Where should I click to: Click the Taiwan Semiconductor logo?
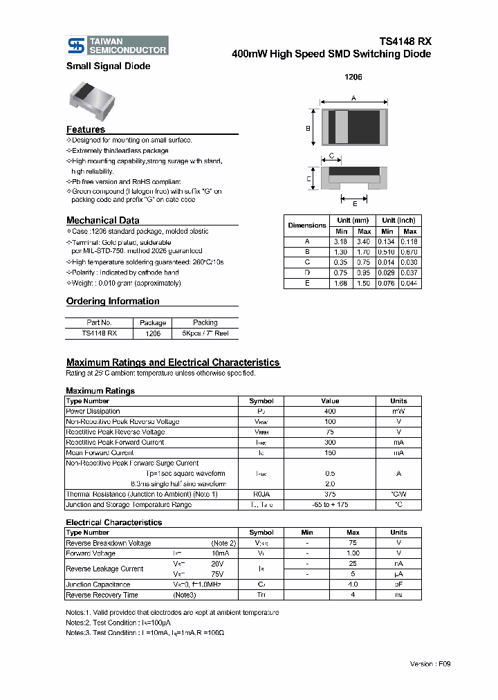click(117, 46)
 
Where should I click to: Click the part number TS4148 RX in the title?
click(405, 41)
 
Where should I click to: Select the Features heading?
click(86, 129)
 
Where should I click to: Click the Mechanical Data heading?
click(102, 220)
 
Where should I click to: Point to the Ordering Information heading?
click(113, 301)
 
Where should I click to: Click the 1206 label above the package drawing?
click(353, 77)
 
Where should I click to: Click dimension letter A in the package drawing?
click(353, 99)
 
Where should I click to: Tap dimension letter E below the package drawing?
click(355, 203)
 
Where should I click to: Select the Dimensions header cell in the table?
click(307, 225)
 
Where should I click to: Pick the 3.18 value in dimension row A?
click(341, 241)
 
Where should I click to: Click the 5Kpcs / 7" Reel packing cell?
click(205, 333)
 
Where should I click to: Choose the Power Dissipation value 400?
click(330, 412)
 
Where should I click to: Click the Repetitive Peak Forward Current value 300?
click(330, 443)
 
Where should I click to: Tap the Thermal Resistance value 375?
click(330, 495)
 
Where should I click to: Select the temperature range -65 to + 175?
click(330, 505)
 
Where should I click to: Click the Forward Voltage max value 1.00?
click(352, 553)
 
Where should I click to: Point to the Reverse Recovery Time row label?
click(102, 595)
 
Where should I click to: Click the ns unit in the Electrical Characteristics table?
click(398, 595)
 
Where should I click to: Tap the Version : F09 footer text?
click(430, 664)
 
